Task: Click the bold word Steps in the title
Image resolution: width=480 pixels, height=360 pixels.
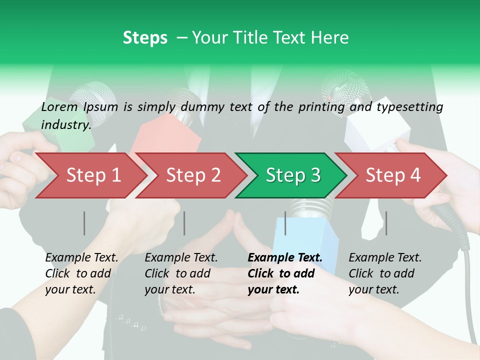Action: pos(145,38)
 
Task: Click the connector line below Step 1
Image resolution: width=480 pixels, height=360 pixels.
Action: pos(84,223)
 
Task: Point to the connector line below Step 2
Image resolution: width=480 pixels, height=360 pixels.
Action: pos(184,223)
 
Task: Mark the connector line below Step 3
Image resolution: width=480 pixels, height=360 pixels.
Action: pos(285,223)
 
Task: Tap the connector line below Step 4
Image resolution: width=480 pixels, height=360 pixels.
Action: pos(386,223)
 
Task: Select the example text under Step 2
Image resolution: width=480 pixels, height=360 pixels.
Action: pos(181,273)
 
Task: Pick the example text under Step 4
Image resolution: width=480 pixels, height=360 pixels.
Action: pos(385,273)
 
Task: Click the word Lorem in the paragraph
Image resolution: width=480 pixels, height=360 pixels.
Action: pos(59,107)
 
